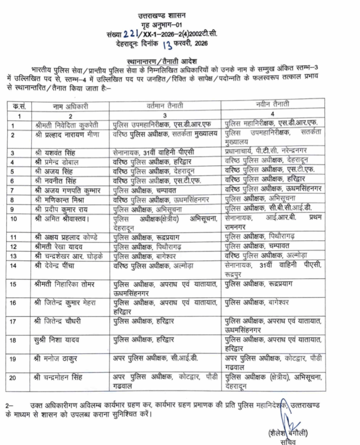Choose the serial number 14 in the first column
point(14,265)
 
